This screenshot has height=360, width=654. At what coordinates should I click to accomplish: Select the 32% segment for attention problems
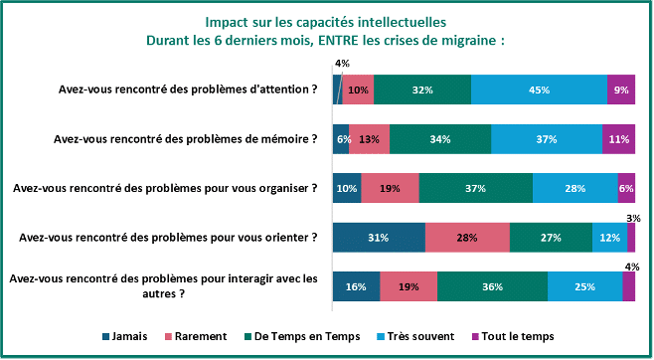[x=422, y=90]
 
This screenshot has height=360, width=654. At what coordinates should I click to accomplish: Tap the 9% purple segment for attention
[x=621, y=90]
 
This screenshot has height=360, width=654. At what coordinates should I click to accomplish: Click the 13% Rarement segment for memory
[x=370, y=139]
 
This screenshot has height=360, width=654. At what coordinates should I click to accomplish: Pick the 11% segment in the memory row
[x=618, y=139]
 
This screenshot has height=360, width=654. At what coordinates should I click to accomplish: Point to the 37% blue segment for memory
[x=546, y=139]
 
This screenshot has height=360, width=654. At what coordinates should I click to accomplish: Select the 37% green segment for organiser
[x=476, y=188]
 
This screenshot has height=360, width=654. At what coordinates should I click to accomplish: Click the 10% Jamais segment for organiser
[x=347, y=188]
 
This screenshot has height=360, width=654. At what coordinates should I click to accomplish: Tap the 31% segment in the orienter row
[x=379, y=238]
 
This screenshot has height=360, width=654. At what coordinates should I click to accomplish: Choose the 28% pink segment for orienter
[x=467, y=238]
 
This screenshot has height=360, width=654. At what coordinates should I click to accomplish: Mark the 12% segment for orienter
[x=609, y=238]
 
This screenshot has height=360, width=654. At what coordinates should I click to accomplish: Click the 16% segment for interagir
[x=356, y=286]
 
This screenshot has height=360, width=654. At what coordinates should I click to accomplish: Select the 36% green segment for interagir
[x=491, y=286]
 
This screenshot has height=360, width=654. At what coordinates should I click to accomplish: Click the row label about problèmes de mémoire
[x=185, y=139]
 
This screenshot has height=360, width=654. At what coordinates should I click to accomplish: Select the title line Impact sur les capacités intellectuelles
[x=326, y=21]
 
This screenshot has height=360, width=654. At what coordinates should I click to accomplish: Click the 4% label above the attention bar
[x=342, y=64]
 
